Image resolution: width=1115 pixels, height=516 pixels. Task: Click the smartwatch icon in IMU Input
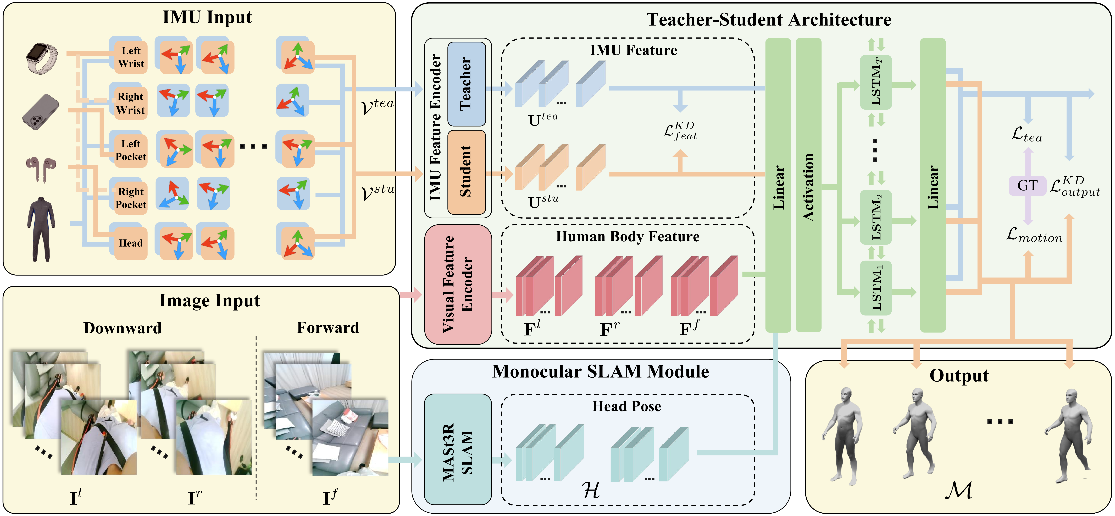click(42, 58)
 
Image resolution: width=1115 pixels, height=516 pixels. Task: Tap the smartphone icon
click(41, 112)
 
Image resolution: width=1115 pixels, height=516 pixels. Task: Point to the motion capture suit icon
click(41, 230)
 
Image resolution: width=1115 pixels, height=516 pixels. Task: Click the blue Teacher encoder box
click(466, 84)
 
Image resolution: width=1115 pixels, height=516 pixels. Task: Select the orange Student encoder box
click(466, 172)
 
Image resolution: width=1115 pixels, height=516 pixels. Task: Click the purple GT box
click(1027, 185)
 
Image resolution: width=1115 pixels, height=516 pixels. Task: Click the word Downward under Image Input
click(123, 328)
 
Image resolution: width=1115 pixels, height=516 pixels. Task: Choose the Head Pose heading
click(626, 406)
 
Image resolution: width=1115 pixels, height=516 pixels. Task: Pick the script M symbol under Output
click(958, 490)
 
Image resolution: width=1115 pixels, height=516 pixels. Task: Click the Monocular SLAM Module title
click(600, 372)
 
